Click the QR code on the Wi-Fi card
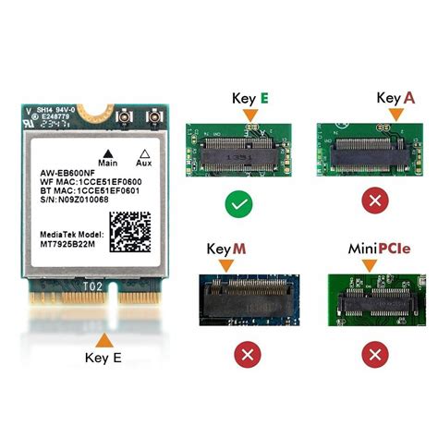click(129, 229)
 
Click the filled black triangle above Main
click(108, 152)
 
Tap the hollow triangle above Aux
click(142, 152)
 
